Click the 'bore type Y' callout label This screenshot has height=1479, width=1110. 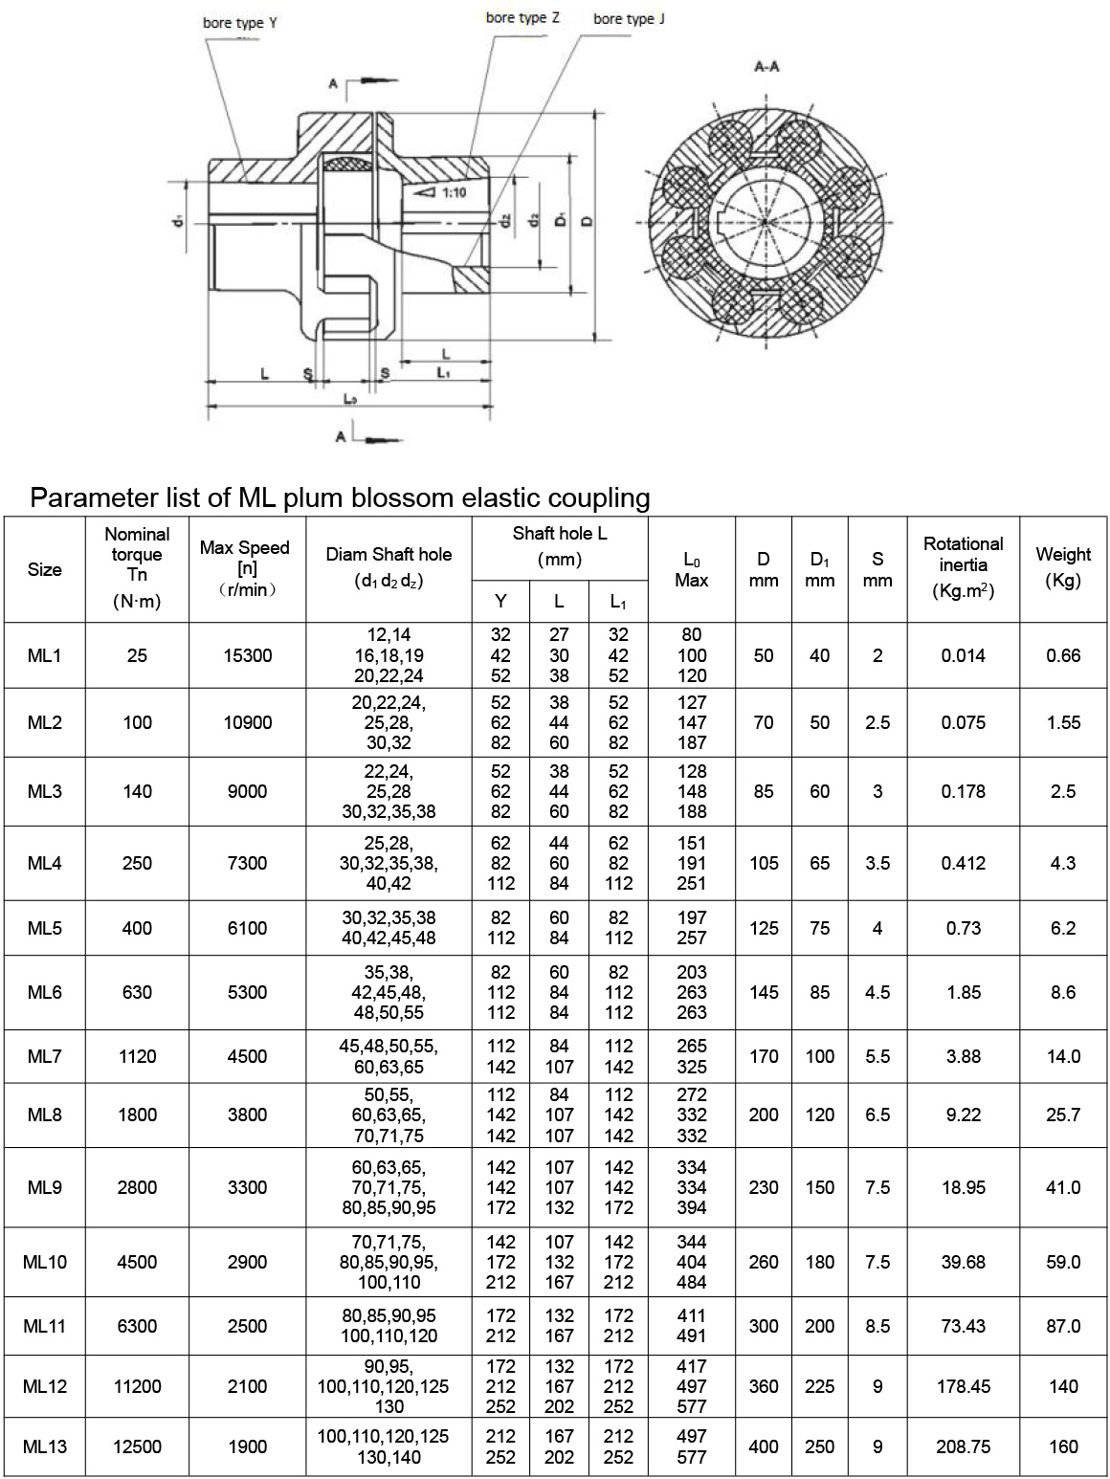(x=239, y=22)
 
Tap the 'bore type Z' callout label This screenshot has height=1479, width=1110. (x=516, y=17)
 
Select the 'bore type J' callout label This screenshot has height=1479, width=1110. (x=628, y=19)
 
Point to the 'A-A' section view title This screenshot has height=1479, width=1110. (x=766, y=67)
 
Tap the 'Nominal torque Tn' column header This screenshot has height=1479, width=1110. (x=137, y=567)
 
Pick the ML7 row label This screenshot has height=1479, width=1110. (x=45, y=1056)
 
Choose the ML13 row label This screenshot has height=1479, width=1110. (x=45, y=1446)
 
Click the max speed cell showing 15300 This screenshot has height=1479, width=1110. (x=248, y=655)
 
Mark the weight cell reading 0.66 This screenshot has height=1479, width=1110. (x=1063, y=655)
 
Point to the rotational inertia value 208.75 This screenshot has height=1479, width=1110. (x=963, y=1446)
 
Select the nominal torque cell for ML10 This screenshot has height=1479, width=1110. (x=137, y=1262)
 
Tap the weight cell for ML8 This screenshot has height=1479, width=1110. (x=1063, y=1115)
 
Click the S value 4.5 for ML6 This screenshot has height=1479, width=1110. (x=877, y=992)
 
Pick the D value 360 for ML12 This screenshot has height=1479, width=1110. (x=764, y=1386)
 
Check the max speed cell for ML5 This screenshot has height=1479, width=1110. (x=248, y=928)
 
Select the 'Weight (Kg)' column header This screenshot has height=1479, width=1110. (x=1063, y=567)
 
